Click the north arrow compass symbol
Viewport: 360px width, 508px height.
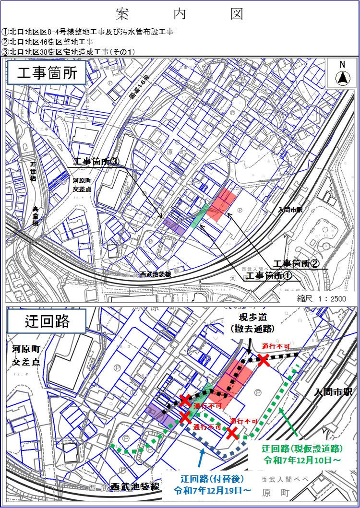(342, 76)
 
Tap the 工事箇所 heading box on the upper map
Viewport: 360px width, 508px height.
(47, 74)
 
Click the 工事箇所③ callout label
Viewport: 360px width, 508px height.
(96, 163)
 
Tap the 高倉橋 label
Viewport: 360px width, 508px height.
(36, 216)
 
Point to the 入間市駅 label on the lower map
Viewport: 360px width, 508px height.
(333, 392)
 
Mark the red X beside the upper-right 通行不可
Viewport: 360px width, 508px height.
(264, 360)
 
